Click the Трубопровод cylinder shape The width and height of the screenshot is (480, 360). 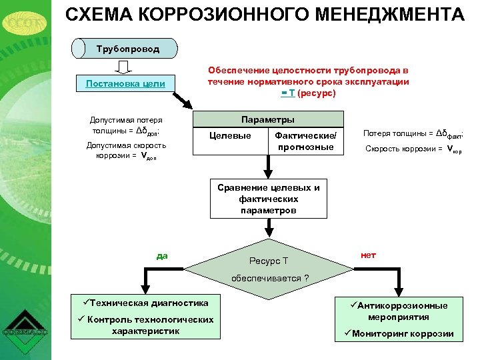(127, 49)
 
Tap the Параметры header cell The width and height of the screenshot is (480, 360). (267, 120)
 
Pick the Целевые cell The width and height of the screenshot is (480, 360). (230, 136)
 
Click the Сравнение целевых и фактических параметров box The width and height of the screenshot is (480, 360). (268, 199)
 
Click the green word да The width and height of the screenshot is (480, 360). (161, 254)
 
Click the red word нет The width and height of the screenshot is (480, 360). (368, 254)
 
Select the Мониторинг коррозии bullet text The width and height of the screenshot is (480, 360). (402, 333)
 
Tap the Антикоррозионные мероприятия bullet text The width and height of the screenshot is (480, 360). (402, 311)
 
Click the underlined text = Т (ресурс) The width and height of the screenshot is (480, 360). (308, 93)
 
